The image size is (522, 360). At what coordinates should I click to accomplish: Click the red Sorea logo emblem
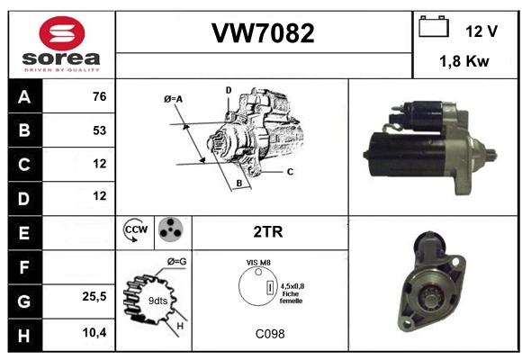click(62, 33)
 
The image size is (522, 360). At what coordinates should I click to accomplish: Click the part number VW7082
click(263, 33)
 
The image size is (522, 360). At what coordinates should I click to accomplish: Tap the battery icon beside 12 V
click(434, 26)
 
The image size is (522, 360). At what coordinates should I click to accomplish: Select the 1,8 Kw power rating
click(464, 61)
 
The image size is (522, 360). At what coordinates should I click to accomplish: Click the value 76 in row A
click(100, 96)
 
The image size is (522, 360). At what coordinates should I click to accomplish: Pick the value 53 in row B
click(100, 130)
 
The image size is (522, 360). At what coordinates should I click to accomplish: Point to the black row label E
click(25, 233)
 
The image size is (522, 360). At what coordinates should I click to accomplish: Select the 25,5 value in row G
click(94, 296)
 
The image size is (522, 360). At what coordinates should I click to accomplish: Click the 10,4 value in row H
click(94, 332)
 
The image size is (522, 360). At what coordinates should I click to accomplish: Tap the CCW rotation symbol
click(135, 229)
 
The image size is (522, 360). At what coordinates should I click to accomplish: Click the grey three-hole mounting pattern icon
click(171, 229)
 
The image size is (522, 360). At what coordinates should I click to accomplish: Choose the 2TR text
click(268, 232)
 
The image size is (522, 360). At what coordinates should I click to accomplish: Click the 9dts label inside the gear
click(157, 301)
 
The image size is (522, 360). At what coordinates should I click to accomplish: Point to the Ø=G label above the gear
click(176, 262)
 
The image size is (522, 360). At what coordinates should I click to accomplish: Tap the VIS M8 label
click(258, 263)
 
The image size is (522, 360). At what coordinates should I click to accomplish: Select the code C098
click(270, 334)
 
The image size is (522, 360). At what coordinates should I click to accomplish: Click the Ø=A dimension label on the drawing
click(173, 99)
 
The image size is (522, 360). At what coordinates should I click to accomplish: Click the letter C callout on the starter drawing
click(290, 172)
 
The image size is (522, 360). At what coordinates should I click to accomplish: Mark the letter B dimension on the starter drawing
click(239, 184)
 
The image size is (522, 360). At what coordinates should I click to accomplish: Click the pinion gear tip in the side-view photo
click(493, 156)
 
